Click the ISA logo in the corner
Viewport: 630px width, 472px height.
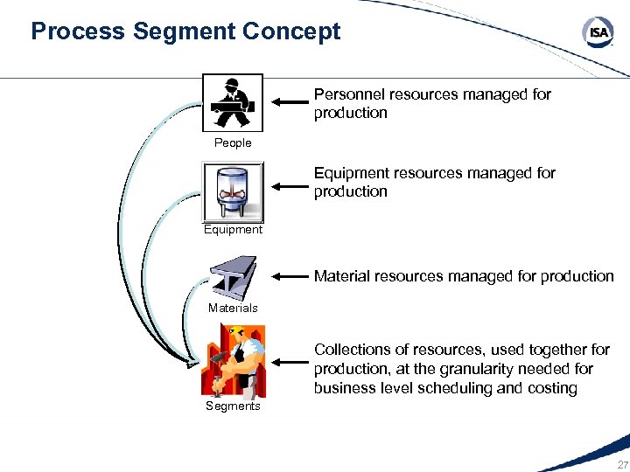pyautogui.click(x=598, y=33)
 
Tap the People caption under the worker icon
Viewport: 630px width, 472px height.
pyautogui.click(x=233, y=142)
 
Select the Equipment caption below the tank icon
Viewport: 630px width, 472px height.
pyautogui.click(x=233, y=230)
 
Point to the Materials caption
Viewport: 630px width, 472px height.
pyautogui.click(x=233, y=308)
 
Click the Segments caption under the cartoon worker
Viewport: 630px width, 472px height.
pyautogui.click(x=233, y=406)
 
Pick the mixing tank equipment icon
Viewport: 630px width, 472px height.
pyautogui.click(x=233, y=192)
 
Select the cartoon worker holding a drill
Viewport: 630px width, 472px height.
pyautogui.click(x=232, y=361)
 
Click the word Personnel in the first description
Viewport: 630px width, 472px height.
pyautogui.click(x=349, y=94)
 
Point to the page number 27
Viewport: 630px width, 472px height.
pyautogui.click(x=622, y=464)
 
